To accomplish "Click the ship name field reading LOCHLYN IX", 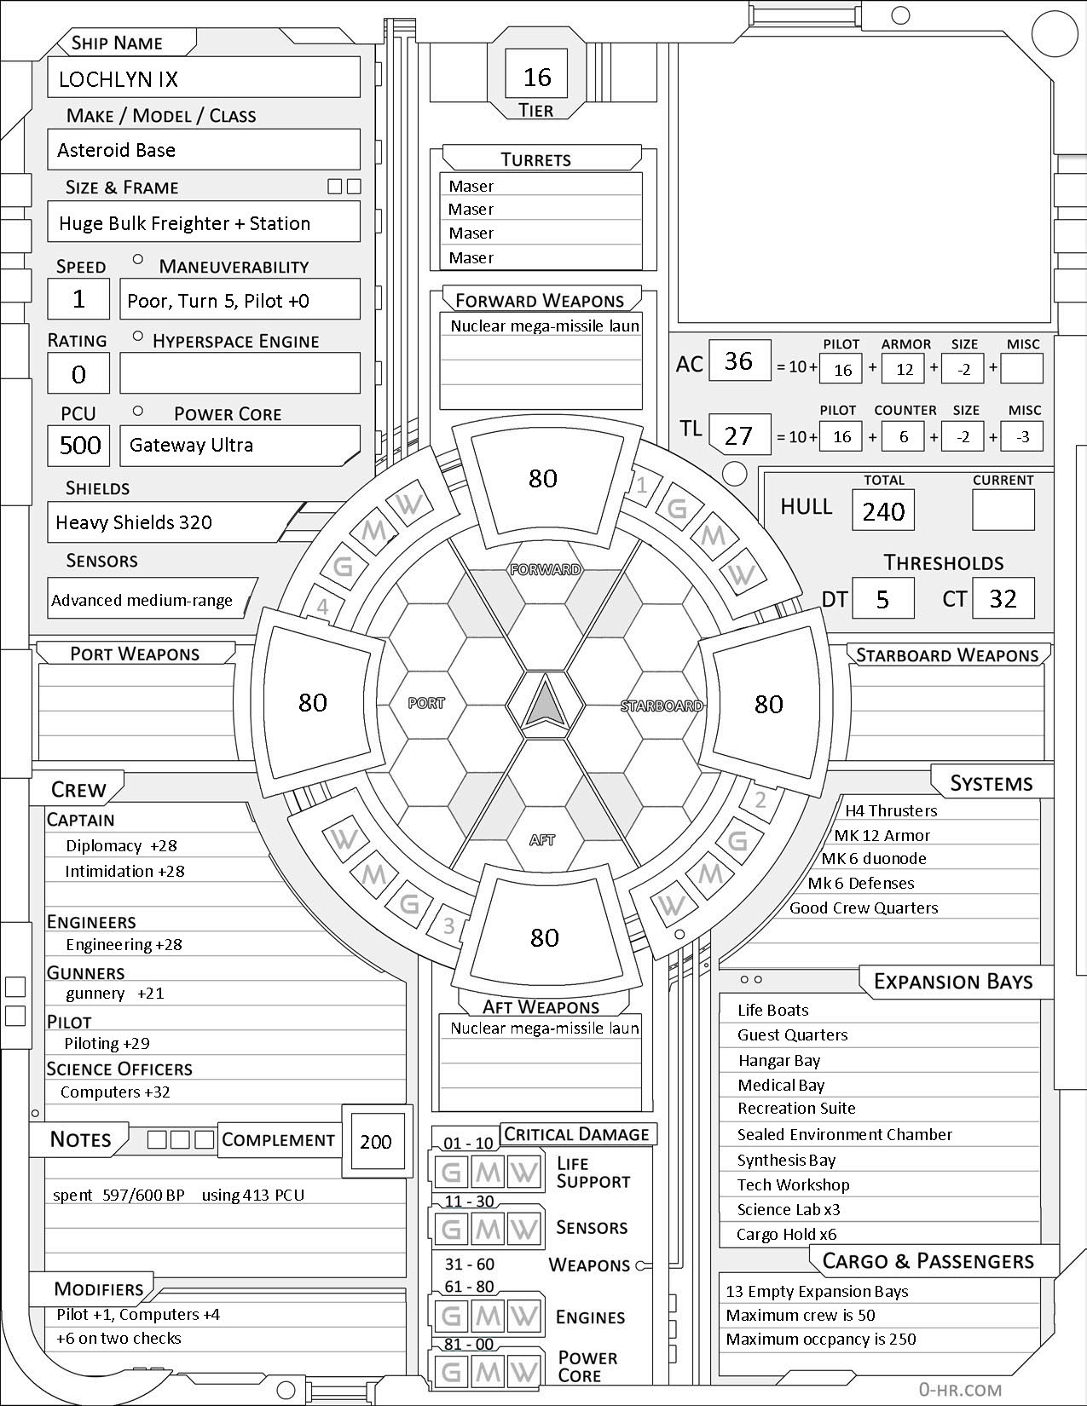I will pyautogui.click(x=203, y=78).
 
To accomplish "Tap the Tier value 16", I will pyautogui.click(x=537, y=78).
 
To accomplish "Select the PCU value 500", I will pyautogui.click(x=79, y=445).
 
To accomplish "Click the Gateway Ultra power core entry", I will pyautogui.click(x=239, y=445).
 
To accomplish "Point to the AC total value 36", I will pyautogui.click(x=738, y=360).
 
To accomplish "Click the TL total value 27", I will pyautogui.click(x=738, y=435).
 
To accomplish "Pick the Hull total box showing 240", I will pyautogui.click(x=883, y=511).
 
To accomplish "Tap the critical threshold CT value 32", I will pyautogui.click(x=1003, y=598).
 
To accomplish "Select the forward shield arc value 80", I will pyautogui.click(x=543, y=478).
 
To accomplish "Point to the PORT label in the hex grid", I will pyautogui.click(x=425, y=703).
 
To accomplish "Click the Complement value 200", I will pyautogui.click(x=375, y=1142).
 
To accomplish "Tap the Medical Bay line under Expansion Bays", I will pyautogui.click(x=781, y=1085).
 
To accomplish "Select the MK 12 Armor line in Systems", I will pyautogui.click(x=882, y=835).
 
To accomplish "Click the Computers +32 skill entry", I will pyautogui.click(x=115, y=1092).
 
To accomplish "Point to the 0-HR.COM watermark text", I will pyautogui.click(x=960, y=1389).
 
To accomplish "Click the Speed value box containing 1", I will pyautogui.click(x=79, y=299).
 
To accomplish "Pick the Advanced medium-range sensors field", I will pyautogui.click(x=142, y=600).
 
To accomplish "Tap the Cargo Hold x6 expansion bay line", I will pyautogui.click(x=787, y=1234).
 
